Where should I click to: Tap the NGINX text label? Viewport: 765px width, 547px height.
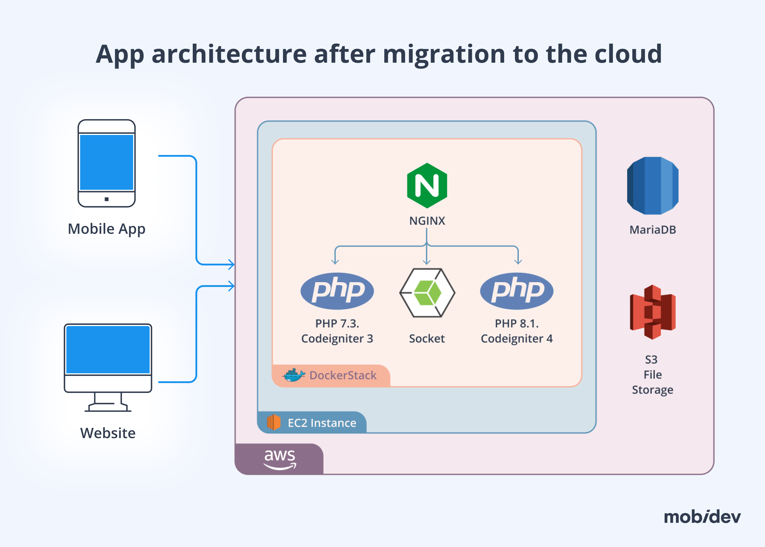427,221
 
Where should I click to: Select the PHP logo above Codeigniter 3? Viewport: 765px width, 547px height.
337,291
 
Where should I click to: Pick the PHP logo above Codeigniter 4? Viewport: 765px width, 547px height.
516,291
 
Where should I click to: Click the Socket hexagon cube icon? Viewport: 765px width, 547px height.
427,292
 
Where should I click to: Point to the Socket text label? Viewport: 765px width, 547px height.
427,339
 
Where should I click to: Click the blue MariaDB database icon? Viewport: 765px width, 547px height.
652,186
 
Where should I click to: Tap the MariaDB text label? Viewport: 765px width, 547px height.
652,230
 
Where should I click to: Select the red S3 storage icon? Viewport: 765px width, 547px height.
652,312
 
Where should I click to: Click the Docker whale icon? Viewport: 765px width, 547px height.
294,375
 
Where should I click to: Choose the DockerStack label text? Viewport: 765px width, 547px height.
343,375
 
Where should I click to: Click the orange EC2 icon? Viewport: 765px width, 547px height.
274,422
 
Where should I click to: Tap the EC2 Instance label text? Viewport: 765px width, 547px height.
322,423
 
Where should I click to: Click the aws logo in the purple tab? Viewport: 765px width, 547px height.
280,459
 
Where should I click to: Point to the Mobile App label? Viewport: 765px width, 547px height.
106,229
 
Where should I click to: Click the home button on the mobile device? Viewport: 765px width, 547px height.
106,199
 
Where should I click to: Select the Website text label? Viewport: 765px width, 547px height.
108,433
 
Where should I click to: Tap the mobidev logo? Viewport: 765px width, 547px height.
702,517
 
